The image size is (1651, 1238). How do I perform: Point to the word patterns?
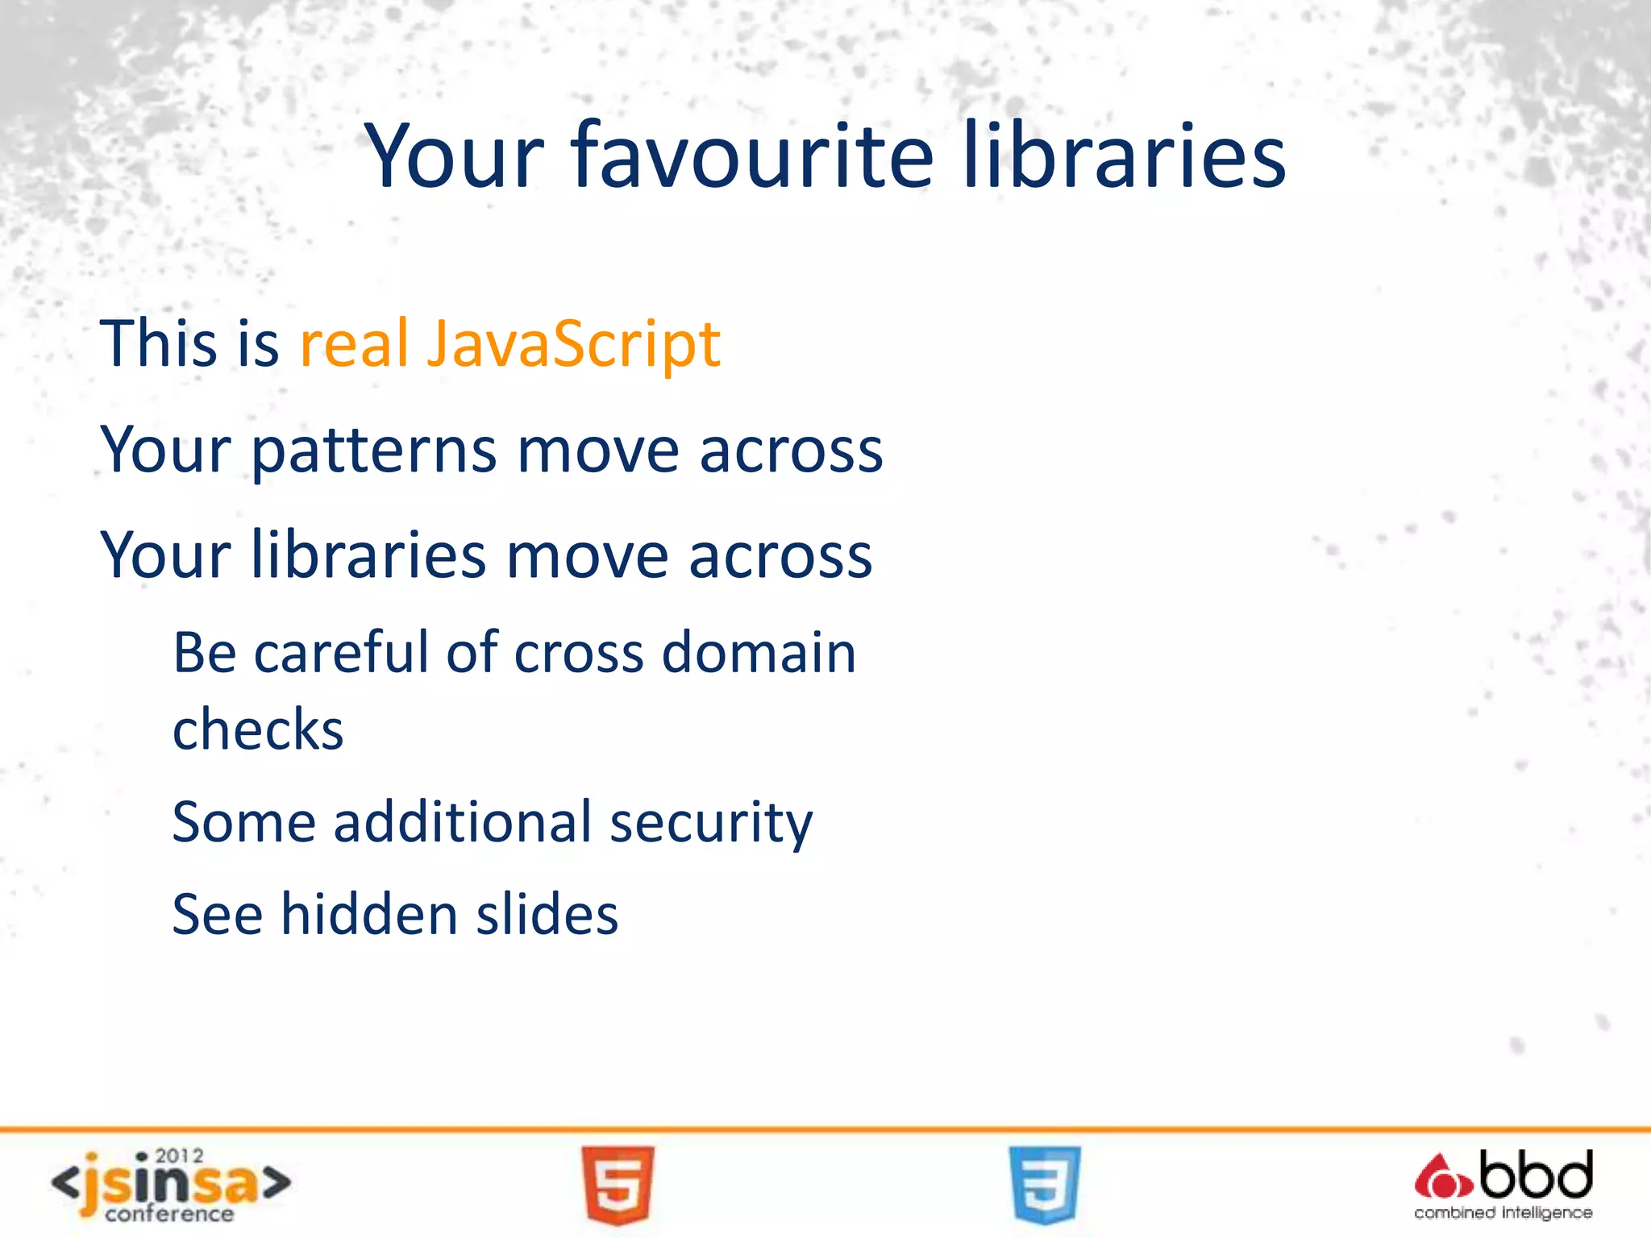(x=374, y=451)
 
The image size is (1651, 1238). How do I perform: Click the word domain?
(x=759, y=652)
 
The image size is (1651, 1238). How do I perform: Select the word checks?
(x=258, y=729)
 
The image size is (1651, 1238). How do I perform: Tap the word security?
(x=711, y=824)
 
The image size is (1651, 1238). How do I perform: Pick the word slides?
(x=547, y=915)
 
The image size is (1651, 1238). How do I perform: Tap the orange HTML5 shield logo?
(x=618, y=1184)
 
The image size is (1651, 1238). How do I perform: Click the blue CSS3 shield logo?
(x=1045, y=1184)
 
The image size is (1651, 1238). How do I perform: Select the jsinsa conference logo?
(x=170, y=1186)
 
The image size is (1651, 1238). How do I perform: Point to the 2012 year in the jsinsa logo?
(x=179, y=1156)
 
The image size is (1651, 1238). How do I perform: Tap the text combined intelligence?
(x=1503, y=1213)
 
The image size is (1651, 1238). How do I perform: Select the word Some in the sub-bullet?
(x=243, y=822)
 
